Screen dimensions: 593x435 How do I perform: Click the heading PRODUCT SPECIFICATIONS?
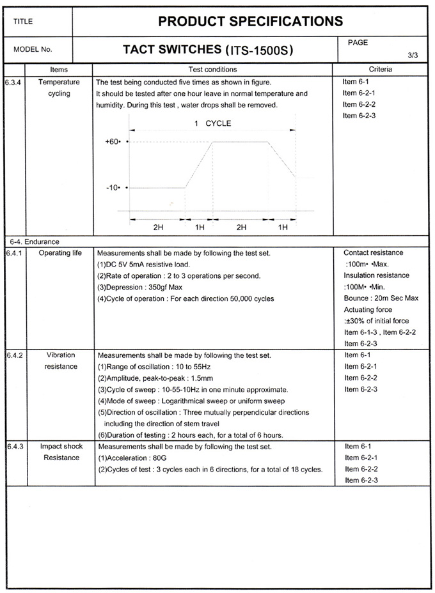(250, 22)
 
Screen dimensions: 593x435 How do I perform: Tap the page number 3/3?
(413, 56)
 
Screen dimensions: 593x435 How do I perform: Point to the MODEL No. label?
(33, 49)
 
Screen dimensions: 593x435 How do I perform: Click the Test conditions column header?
(212, 69)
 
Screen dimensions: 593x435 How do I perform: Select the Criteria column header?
(381, 69)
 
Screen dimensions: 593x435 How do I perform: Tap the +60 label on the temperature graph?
(113, 142)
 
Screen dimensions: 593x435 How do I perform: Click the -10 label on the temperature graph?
(113, 188)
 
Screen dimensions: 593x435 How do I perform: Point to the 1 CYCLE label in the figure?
(212, 123)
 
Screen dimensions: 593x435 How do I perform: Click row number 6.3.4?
(14, 82)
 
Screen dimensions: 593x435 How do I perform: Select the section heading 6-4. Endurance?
(35, 242)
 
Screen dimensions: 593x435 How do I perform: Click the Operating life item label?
(60, 253)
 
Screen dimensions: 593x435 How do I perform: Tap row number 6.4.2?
(14, 355)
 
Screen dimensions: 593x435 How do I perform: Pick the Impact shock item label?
(60, 446)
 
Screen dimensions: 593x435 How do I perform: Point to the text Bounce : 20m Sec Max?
(381, 298)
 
